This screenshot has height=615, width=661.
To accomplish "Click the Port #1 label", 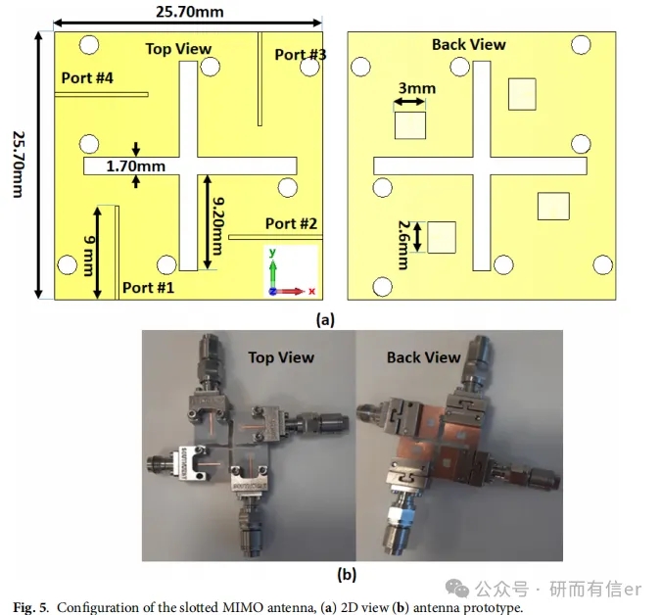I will pyautogui.click(x=149, y=288).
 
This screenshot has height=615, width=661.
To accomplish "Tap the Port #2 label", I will pyautogui.click(x=291, y=224).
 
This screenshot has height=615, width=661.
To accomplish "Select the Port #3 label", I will pyautogui.click(x=301, y=55).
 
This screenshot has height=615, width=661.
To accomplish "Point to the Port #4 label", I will pyautogui.click(x=87, y=77).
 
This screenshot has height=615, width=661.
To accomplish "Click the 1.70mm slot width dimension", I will pyautogui.click(x=136, y=166).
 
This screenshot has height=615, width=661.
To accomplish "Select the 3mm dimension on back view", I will pyautogui.click(x=416, y=88).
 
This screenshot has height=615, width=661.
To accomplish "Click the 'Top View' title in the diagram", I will pyautogui.click(x=178, y=48).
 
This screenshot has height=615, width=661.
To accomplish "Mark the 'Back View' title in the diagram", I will pyautogui.click(x=468, y=45).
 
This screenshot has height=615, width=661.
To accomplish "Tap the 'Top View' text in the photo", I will pyautogui.click(x=281, y=357).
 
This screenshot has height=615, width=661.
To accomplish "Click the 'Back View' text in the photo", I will pyautogui.click(x=423, y=357).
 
